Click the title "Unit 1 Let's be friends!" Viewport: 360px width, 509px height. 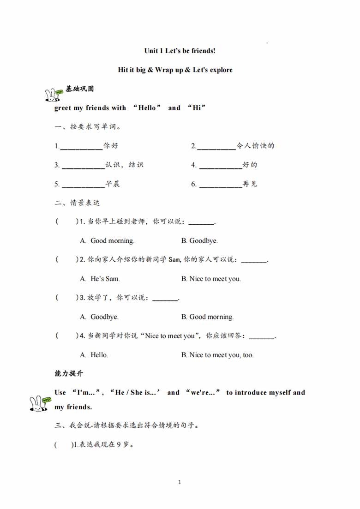(180, 51)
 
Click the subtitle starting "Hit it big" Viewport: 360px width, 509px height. (175, 70)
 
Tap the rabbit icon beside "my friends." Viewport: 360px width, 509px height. (39, 403)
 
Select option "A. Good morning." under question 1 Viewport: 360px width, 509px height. (107, 241)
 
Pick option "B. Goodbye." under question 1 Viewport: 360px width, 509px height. (199, 241)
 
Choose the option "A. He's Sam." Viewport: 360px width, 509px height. (100, 279)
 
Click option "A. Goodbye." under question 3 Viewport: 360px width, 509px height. (99, 317)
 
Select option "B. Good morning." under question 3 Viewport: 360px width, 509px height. (207, 317)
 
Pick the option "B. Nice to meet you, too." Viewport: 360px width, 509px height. (217, 355)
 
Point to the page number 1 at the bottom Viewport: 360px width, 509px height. (180, 482)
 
